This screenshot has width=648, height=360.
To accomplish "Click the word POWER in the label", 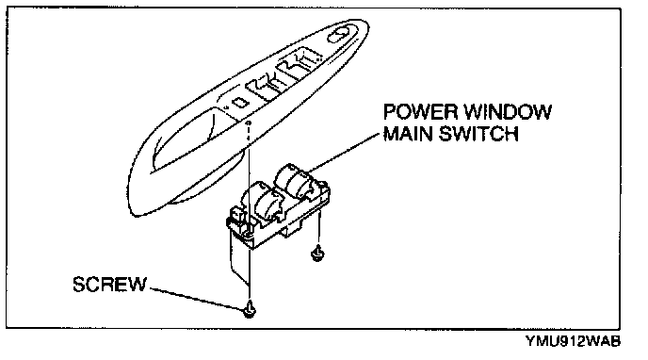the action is pyautogui.click(x=421, y=112).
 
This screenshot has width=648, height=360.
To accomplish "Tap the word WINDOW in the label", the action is pyautogui.click(x=508, y=112).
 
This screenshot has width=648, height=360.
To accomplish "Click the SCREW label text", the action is pyautogui.click(x=110, y=285).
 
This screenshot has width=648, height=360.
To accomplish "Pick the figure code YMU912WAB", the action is pyautogui.click(x=573, y=341).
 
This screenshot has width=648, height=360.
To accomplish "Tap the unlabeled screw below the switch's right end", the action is pyautogui.click(x=317, y=253).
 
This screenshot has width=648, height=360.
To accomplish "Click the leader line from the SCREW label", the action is pyautogui.click(x=196, y=298).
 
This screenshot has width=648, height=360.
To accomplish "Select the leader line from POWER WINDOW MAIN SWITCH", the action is pyautogui.click(x=345, y=152).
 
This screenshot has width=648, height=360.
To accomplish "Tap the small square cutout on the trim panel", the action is pyautogui.click(x=239, y=102).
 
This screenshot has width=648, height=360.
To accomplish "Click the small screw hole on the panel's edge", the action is pyautogui.click(x=248, y=123).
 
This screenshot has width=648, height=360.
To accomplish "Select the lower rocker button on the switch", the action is pyautogui.click(x=268, y=202).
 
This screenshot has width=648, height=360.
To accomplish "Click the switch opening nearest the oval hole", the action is pyautogui.click(x=302, y=61).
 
